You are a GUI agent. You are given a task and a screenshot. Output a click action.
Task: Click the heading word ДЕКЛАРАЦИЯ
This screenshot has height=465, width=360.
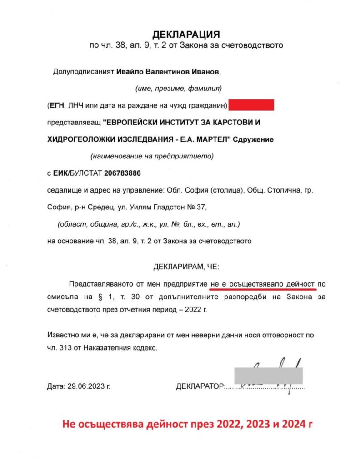(185, 35)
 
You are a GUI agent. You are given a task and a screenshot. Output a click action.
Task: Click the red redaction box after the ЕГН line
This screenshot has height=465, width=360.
(251, 105)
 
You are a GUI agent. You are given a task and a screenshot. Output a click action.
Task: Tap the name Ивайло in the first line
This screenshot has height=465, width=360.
(130, 72)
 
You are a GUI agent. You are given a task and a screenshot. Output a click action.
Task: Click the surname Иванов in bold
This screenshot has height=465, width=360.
(205, 72)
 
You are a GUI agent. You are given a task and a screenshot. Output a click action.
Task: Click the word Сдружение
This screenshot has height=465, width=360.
(253, 139)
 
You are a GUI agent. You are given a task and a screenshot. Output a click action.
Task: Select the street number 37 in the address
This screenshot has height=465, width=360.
(201, 207)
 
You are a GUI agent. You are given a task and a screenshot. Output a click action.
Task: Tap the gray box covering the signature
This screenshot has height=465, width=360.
(268, 375)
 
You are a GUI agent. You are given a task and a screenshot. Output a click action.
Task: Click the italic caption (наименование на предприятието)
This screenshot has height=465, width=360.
(152, 156)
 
